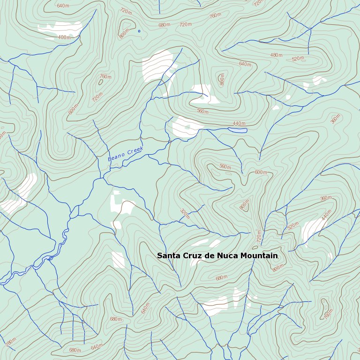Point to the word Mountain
(x=259, y=256)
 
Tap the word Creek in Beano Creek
(x=135, y=150)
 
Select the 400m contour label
(x=64, y=37)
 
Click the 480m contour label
(x=277, y=55)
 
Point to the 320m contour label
(x=185, y=214)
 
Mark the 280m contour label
(x=11, y=342)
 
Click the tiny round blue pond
(x=139, y=31)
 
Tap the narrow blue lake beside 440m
(x=237, y=130)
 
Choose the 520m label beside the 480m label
(x=298, y=59)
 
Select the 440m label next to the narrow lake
(x=239, y=123)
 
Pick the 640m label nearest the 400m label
(x=63, y=6)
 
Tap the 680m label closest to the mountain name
(x=221, y=277)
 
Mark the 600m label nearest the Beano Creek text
(x=73, y=109)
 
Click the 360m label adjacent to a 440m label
(x=326, y=199)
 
